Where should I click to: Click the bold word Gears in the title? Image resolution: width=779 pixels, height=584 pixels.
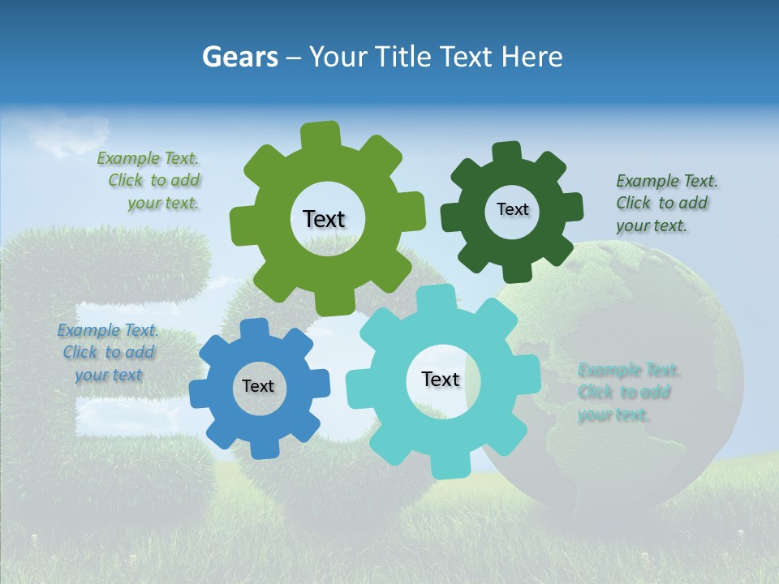coord(239,57)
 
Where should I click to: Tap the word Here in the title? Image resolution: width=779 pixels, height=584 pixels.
coord(532,57)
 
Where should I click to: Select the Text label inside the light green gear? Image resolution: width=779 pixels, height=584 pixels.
coord(324,219)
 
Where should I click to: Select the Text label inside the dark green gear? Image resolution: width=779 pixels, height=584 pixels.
coord(512,209)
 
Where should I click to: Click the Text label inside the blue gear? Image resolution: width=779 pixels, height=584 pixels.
coord(258,386)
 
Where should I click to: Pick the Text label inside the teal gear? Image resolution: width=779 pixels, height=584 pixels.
coord(441,379)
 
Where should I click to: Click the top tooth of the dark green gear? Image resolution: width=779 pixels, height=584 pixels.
coord(507,153)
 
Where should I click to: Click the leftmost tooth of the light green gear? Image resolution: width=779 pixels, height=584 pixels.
coord(241,224)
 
